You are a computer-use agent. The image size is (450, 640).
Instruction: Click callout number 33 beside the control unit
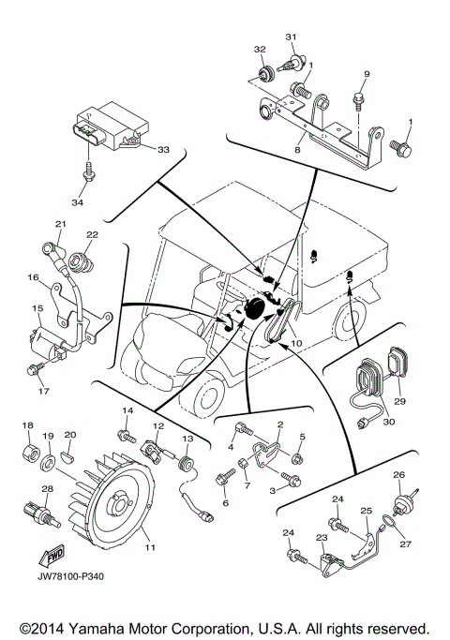point(163,149)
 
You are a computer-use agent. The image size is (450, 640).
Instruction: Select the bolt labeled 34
point(87,172)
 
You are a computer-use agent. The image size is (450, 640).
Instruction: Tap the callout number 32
point(259,49)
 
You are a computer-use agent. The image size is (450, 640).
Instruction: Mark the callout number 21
point(60,223)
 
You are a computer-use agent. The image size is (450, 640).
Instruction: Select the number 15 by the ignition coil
point(38,307)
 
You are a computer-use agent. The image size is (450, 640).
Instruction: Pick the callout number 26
point(397,474)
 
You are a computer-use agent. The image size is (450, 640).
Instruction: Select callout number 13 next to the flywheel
point(187,439)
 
